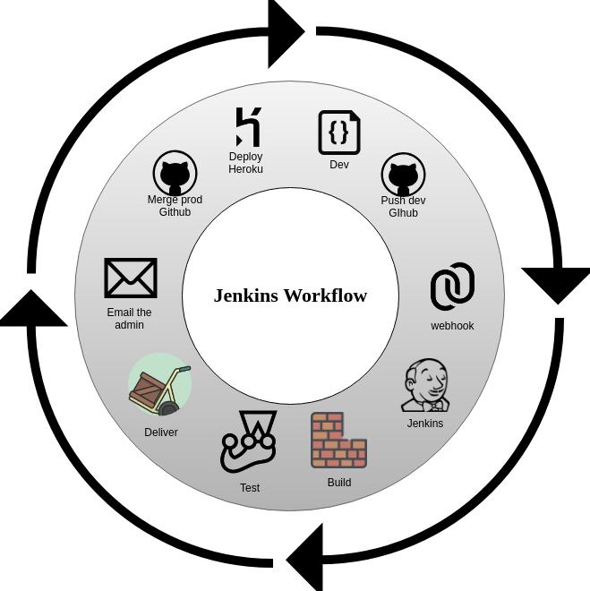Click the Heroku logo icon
(248, 127)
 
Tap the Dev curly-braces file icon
(339, 133)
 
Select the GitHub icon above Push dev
(403, 175)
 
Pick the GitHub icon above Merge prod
(175, 173)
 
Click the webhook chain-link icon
(452, 287)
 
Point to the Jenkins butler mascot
(425, 386)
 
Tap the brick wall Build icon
(338, 440)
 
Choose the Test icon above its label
(249, 441)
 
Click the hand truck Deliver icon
(159, 385)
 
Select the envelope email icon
(131, 278)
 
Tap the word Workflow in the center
(327, 295)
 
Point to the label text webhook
(452, 326)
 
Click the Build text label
(339, 483)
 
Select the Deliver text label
(161, 433)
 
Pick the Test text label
(250, 488)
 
